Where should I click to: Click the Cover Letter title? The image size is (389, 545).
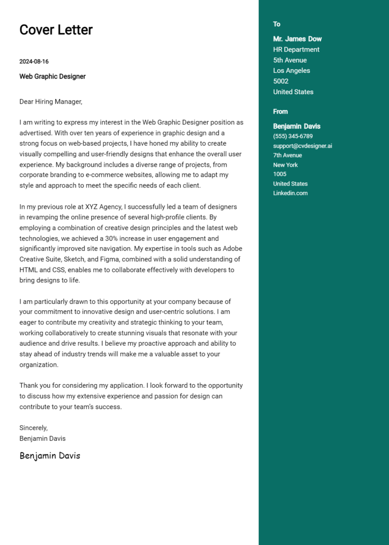(x=56, y=30)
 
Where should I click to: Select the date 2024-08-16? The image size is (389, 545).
(x=34, y=62)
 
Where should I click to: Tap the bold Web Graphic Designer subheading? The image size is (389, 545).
(x=52, y=76)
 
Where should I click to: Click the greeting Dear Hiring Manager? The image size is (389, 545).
(x=51, y=102)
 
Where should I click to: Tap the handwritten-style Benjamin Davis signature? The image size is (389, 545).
(x=50, y=456)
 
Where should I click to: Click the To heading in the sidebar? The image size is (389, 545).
(x=277, y=24)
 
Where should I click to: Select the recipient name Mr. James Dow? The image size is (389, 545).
(x=297, y=39)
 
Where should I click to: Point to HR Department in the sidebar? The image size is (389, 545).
(x=296, y=50)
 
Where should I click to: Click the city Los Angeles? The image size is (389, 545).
(x=291, y=71)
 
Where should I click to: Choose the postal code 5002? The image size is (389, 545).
(x=281, y=81)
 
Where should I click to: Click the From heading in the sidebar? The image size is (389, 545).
(x=280, y=112)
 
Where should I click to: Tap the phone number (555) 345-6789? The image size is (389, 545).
(x=293, y=137)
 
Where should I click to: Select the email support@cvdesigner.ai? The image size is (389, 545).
(x=302, y=146)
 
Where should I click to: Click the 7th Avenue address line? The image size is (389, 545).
(x=287, y=156)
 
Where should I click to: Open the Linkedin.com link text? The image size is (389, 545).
(x=290, y=193)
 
